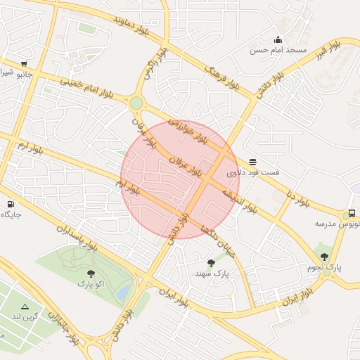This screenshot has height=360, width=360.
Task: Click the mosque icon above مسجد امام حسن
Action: (x=278, y=39)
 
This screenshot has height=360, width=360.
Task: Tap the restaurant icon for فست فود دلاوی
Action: (x=252, y=162)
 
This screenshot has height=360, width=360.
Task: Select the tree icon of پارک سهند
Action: (x=211, y=263)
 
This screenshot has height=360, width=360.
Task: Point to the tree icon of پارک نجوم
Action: (x=323, y=257)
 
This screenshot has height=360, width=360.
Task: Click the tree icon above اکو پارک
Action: (x=90, y=274)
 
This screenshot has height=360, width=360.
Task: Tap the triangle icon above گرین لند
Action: (x=25, y=307)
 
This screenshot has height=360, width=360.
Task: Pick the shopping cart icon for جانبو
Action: (x=25, y=63)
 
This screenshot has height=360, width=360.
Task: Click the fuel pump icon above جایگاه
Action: (x=11, y=205)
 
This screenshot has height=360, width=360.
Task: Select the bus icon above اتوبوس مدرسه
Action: (x=351, y=214)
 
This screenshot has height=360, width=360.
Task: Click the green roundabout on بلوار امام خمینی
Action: (x=136, y=103)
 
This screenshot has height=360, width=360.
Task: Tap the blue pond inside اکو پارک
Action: (x=124, y=289)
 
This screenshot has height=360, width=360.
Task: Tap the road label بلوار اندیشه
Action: (x=239, y=200)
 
